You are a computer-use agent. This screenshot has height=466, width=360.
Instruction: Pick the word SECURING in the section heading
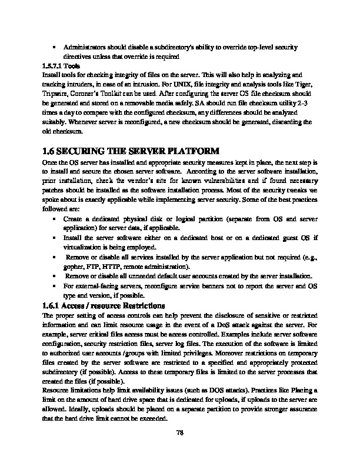[82, 151]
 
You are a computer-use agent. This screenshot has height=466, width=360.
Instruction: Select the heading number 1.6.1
[51, 305]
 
